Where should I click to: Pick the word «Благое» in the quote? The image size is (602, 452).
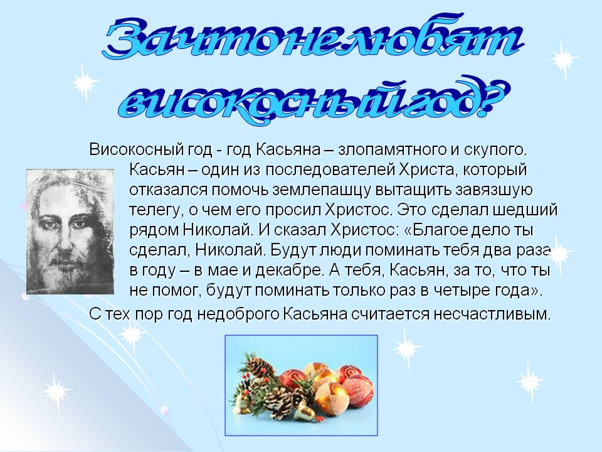coord(440,230)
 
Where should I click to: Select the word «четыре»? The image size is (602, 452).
coord(459,290)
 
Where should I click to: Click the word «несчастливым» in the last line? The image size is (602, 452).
coord(493,314)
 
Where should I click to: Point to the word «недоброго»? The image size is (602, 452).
coord(238,314)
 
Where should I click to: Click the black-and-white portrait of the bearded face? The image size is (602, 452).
coord(70,232)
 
